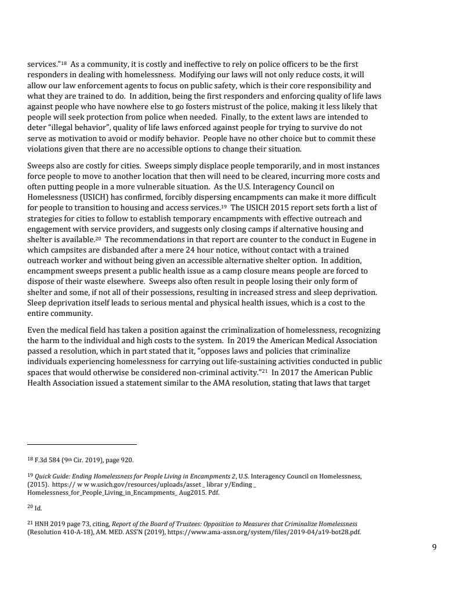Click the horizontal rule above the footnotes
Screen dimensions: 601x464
pyautogui.click(x=82, y=444)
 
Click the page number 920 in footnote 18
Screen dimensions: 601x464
pyautogui.click(x=127, y=460)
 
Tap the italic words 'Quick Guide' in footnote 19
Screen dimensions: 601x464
pyautogui.click(x=52, y=477)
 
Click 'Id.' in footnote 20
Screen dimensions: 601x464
pyautogui.click(x=38, y=508)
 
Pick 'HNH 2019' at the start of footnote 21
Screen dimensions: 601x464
pyautogui.click(x=48, y=524)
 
